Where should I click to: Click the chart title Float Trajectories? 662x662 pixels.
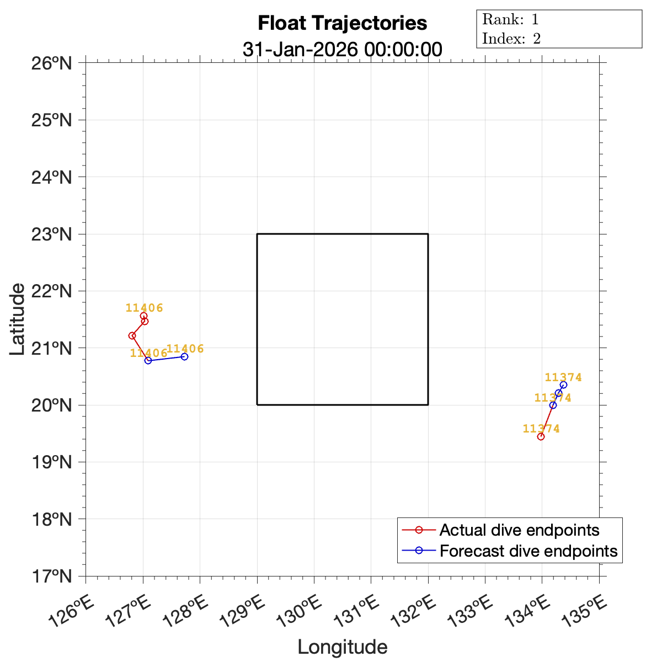[x=342, y=23]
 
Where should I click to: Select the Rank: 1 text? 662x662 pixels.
[x=510, y=20]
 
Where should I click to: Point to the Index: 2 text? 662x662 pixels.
[x=511, y=39]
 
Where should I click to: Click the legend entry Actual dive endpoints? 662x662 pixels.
[x=519, y=530]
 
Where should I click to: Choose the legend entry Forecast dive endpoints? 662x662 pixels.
[x=528, y=551]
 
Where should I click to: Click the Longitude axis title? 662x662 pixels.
[x=342, y=647]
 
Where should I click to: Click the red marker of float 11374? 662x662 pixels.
[x=541, y=436]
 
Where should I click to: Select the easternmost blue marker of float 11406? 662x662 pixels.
[x=184, y=356]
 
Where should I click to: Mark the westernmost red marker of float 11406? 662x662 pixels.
[x=132, y=335]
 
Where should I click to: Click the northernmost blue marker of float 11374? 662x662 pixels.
[x=563, y=385]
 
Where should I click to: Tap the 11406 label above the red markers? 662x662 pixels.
[x=145, y=308]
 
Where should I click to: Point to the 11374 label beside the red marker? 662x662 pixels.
[x=541, y=429]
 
